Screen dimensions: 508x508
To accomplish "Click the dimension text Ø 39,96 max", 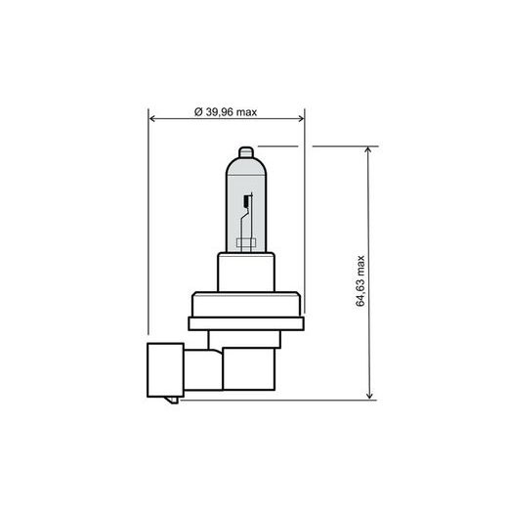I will (x=226, y=113).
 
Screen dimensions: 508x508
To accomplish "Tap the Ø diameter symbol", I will (x=198, y=113).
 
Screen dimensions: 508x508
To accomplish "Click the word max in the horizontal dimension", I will (x=247, y=113).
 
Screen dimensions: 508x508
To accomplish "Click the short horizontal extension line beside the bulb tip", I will (x=278, y=148).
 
